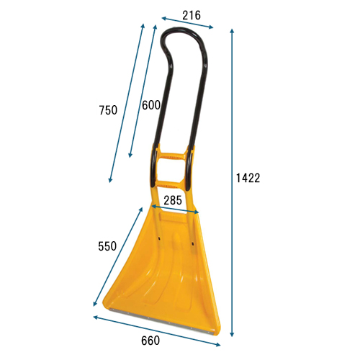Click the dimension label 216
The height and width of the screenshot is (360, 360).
coord(192,16)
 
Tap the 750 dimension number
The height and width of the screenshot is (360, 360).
coord(108,110)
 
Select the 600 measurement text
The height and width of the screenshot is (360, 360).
coord(151,105)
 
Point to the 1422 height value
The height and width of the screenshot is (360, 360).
coord(248,178)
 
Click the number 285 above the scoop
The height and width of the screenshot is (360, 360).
coord(173,200)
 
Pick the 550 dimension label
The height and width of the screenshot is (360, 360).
coord(107,246)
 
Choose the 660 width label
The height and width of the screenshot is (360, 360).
coord(150,341)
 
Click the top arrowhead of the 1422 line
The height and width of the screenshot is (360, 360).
coord(232,31)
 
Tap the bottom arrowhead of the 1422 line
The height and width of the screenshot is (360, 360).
coord(232,334)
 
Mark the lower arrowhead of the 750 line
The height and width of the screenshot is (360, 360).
coord(110,180)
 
